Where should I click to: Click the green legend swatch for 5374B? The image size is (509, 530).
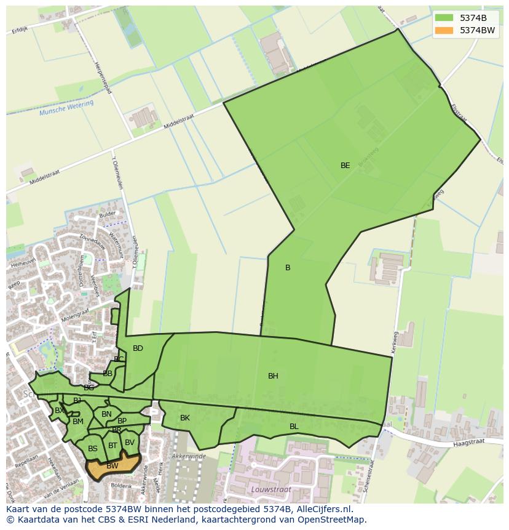(x=444, y=17)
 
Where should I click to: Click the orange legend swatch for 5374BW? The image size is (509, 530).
(x=444, y=30)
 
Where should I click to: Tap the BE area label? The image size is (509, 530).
(x=345, y=166)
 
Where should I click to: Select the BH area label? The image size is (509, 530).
(x=273, y=376)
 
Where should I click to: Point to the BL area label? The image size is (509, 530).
(x=294, y=427)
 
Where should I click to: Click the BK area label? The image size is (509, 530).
(x=185, y=418)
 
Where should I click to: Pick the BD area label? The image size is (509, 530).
(x=138, y=348)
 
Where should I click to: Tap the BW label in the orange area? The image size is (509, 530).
(x=112, y=466)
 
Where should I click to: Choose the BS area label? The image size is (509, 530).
(x=92, y=449)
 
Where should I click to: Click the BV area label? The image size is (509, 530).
(x=129, y=443)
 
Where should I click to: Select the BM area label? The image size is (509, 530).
(x=77, y=422)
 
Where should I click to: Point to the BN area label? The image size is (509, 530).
(x=106, y=414)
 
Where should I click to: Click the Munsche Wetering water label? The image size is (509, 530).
(x=66, y=108)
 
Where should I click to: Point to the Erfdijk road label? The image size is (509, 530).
(x=20, y=30)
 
